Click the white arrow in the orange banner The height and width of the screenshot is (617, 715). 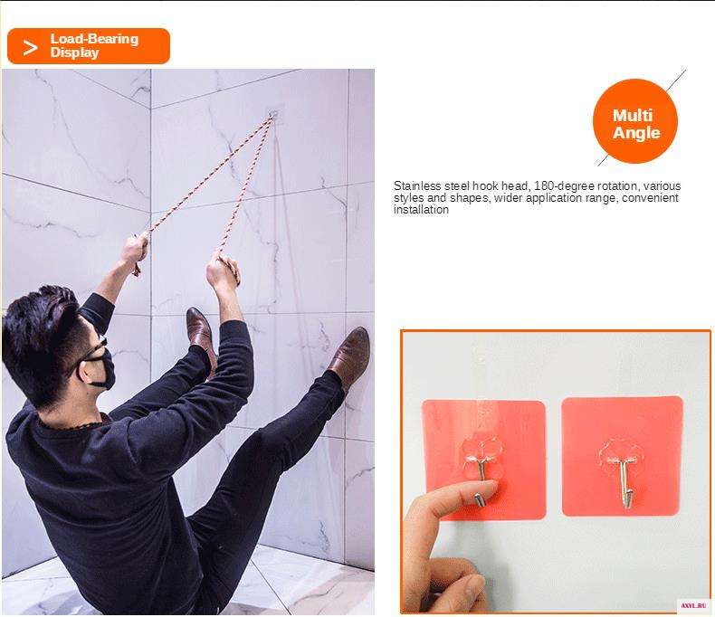(x=30, y=47)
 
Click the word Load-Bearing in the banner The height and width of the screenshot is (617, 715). (x=94, y=39)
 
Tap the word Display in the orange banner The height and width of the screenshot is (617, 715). (x=74, y=52)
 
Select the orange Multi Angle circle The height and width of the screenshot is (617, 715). (x=635, y=121)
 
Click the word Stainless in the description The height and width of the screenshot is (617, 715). (x=417, y=186)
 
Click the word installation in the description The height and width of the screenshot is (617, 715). (x=421, y=210)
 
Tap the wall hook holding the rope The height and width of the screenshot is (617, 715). (x=273, y=114)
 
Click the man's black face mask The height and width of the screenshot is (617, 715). (x=97, y=366)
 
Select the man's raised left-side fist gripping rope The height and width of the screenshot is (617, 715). (x=135, y=251)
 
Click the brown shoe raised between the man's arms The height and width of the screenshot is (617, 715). (x=201, y=335)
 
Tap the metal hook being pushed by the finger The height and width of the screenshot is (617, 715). (x=481, y=484)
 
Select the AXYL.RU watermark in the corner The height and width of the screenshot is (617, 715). (x=693, y=605)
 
